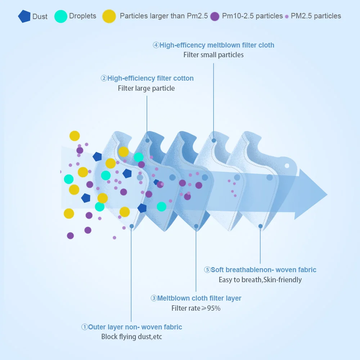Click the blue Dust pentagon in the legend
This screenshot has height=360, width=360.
coord(24,17)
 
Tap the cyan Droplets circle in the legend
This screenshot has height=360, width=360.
coord(61,17)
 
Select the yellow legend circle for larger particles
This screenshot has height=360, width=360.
coord(109,16)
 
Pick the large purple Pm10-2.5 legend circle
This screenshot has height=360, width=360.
coord(215,16)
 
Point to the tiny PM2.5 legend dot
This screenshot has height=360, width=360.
coord(287,17)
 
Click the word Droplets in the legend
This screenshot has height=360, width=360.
coord(83,16)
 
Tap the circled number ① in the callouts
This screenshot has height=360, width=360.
coord(85,327)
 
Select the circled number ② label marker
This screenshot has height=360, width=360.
coord(104,78)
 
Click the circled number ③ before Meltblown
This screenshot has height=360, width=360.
coord(154,298)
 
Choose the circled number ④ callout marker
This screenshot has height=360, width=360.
coord(156,45)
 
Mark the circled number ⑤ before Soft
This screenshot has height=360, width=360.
coord(207,270)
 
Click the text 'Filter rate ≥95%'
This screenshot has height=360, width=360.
coord(196,308)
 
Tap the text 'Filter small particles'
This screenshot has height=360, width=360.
coord(213,55)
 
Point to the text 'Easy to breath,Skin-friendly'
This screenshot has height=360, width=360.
coord(260,280)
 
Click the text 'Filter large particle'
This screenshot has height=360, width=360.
coord(146,88)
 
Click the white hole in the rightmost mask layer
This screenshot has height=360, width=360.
coord(287,166)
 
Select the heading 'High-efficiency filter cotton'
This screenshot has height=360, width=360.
coord(150,78)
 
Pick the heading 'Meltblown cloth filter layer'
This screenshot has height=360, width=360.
coord(199,298)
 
